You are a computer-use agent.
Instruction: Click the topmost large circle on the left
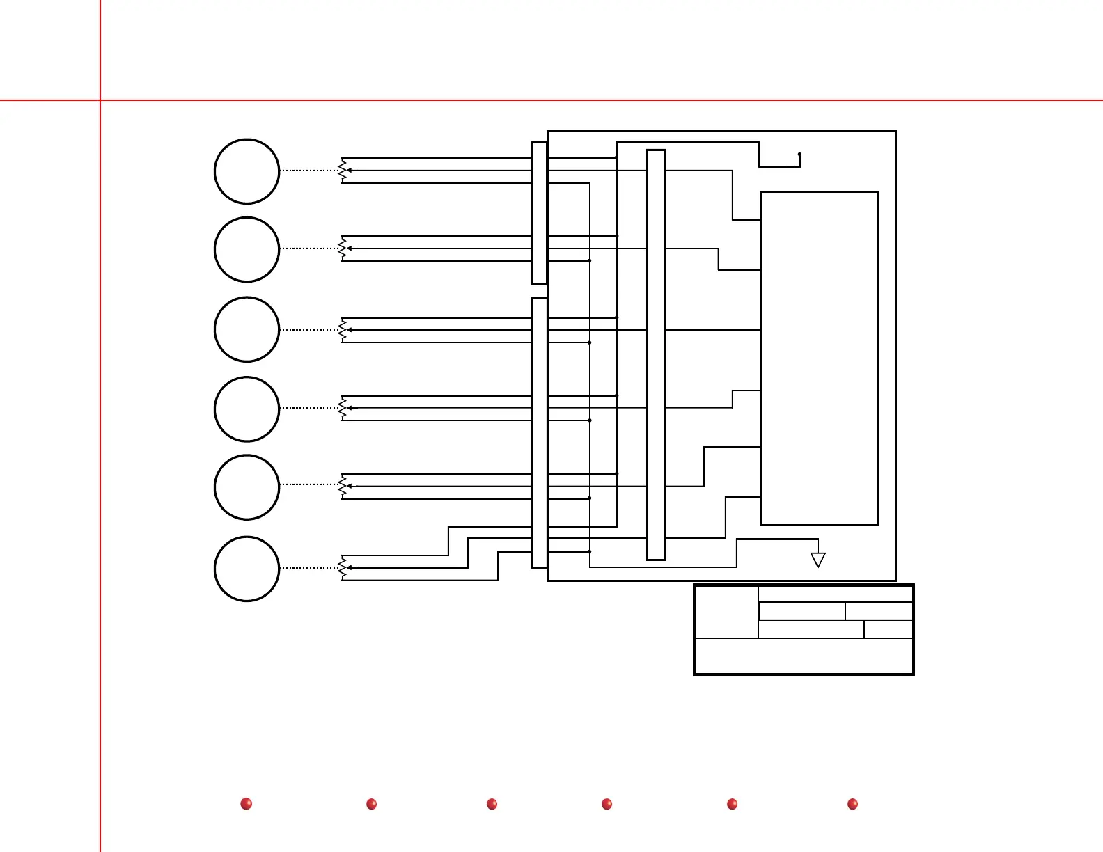(247, 171)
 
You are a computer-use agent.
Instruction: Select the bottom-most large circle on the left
(247, 569)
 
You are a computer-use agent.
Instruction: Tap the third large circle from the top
(247, 329)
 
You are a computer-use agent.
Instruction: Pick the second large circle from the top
(247, 249)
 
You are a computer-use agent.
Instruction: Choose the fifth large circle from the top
(247, 487)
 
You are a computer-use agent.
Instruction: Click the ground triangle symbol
(818, 560)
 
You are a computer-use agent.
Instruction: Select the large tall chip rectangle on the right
(819, 358)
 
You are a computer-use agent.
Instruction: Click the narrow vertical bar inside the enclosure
(656, 354)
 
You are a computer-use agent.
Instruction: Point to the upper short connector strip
(539, 213)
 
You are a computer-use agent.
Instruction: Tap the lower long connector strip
(539, 432)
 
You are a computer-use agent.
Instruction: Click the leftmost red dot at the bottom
(246, 804)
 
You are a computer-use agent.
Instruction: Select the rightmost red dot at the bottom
(852, 804)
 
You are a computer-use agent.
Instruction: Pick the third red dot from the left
(492, 804)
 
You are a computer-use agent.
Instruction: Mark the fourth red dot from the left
(607, 804)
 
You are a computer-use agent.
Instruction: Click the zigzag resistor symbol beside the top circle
(342, 171)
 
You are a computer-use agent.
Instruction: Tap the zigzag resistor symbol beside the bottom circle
(342, 568)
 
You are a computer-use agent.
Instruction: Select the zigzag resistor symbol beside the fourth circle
(342, 409)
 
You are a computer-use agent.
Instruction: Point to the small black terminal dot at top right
(799, 154)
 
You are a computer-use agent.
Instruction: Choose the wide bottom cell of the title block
(804, 656)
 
